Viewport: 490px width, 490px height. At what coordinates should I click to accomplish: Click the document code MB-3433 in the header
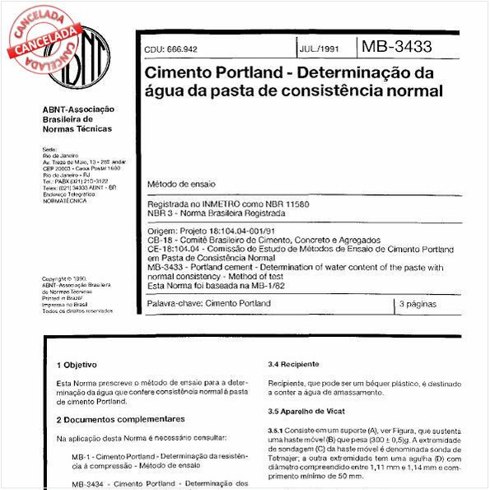pos(396,47)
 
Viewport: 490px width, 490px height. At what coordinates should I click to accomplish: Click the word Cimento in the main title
pos(177,72)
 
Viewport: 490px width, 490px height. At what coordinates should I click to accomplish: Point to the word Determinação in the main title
pos(356,72)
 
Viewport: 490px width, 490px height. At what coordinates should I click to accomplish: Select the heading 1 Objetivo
pos(77,364)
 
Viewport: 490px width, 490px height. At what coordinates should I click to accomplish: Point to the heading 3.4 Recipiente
pos(294,364)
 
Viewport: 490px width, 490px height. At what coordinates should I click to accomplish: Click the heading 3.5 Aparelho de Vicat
pos(307,411)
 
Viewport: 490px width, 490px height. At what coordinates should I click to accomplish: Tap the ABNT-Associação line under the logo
pos(78,109)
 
